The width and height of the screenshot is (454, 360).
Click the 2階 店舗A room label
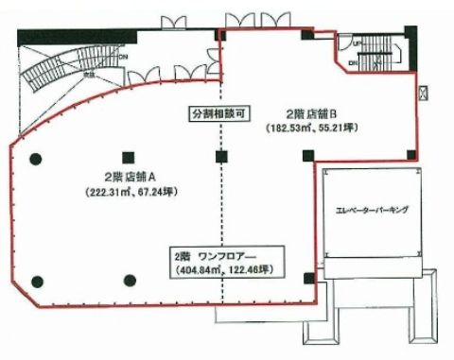tap(123, 176)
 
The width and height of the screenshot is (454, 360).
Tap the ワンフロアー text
tap(229, 256)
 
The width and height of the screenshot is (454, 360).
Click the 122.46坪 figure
tap(248, 270)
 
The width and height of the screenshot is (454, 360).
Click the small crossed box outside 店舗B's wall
tap(422, 92)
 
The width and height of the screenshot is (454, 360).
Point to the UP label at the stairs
tap(357, 43)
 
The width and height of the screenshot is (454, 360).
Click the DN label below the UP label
tap(353, 61)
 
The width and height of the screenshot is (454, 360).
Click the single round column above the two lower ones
tap(36, 157)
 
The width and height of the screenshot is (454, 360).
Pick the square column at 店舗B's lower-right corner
tap(409, 155)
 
